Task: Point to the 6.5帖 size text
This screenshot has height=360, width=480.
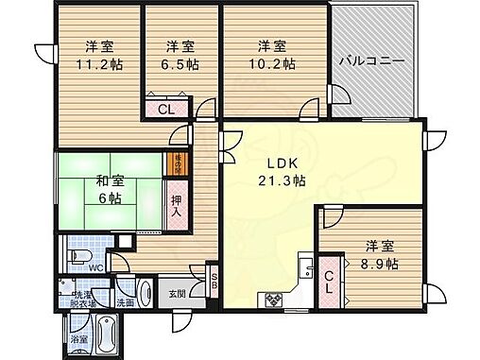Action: pyautogui.click(x=180, y=65)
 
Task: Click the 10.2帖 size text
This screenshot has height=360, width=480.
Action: pyautogui.click(x=274, y=65)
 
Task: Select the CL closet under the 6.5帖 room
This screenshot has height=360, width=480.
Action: pyautogui.click(x=164, y=110)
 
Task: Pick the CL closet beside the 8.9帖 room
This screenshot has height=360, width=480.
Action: pyautogui.click(x=329, y=284)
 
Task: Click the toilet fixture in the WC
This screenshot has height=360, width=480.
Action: pyautogui.click(x=80, y=257)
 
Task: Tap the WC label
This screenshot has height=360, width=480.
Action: pyautogui.click(x=95, y=267)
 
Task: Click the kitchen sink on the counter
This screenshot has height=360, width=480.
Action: pyautogui.click(x=305, y=272)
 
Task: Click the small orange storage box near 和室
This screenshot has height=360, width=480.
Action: pyautogui.click(x=175, y=163)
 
